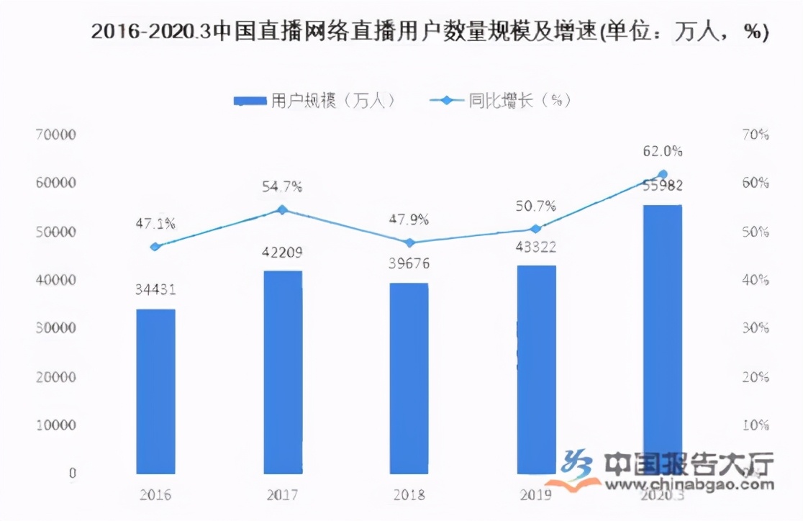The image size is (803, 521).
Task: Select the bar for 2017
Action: click(x=283, y=372)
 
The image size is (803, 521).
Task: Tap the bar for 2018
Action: click(x=409, y=378)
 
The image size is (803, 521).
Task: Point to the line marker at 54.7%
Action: click(x=282, y=210)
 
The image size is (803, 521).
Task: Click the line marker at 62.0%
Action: click(x=663, y=174)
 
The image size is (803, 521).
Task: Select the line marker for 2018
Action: click(x=409, y=243)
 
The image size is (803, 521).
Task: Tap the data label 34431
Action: click(x=156, y=290)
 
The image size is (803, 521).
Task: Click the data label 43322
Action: click(x=536, y=247)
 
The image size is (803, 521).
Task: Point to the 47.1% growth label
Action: click(x=156, y=224)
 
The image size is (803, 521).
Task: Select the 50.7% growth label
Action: click(x=536, y=207)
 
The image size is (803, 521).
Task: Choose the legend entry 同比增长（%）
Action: click(x=500, y=101)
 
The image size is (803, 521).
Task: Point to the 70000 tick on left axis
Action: click(x=56, y=135)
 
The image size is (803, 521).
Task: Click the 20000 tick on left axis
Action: click(x=56, y=376)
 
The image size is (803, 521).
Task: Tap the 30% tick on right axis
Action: click(x=755, y=328)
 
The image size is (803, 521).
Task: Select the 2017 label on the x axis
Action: click(x=283, y=495)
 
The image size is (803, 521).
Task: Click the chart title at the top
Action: click(x=430, y=32)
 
